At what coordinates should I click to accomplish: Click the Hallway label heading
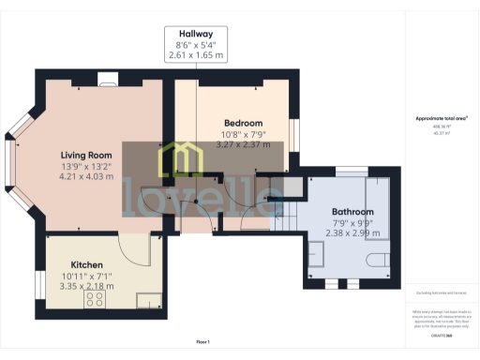198,32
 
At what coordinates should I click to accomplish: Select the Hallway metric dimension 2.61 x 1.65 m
198,56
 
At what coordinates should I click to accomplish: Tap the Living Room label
86,155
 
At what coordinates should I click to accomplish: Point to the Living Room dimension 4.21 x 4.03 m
86,176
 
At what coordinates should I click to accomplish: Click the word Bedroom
243,123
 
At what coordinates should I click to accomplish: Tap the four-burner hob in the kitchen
95,299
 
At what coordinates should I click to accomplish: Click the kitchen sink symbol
147,300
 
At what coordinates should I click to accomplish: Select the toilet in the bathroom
376,260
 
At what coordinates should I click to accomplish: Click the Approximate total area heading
442,118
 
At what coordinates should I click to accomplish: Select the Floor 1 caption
202,342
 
